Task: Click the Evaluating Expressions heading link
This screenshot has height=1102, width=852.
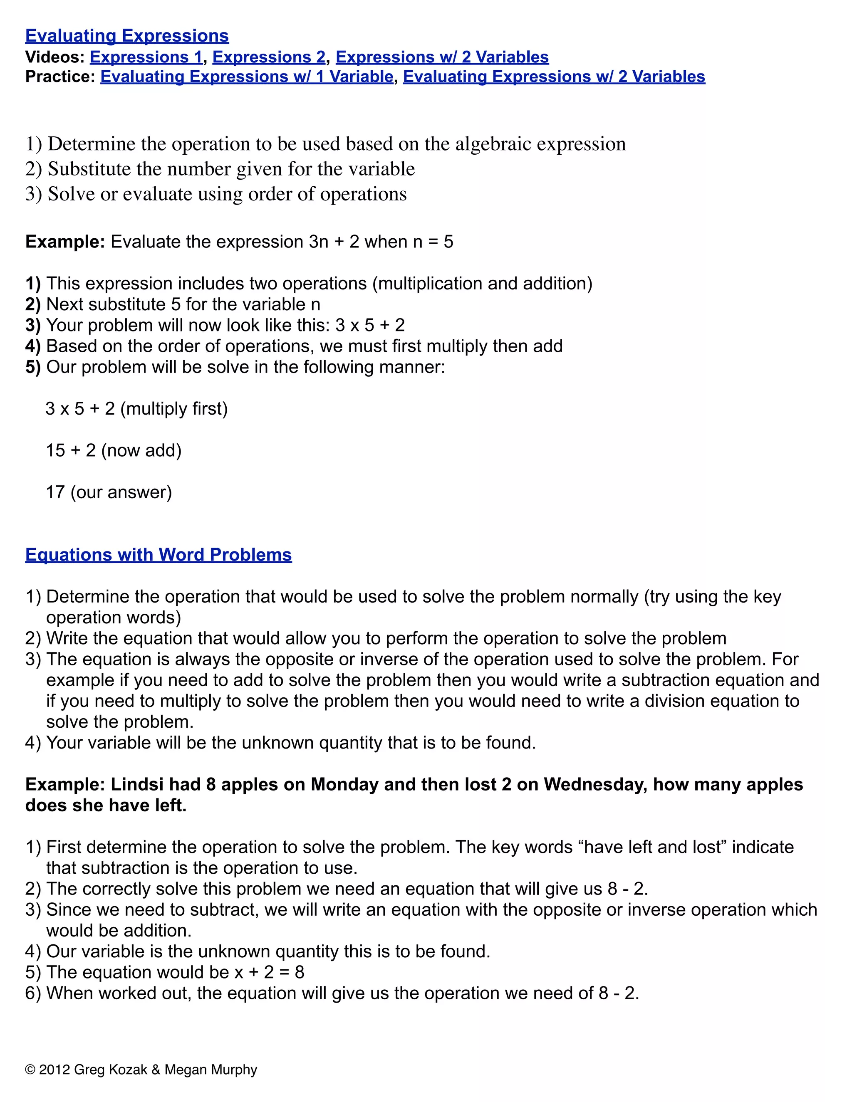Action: (x=127, y=36)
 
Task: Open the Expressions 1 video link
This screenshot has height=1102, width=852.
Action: (x=146, y=57)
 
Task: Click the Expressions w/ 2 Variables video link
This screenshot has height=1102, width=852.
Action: (x=442, y=57)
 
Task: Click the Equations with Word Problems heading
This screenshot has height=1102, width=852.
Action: (x=158, y=554)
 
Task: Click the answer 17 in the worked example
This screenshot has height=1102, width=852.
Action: (x=55, y=492)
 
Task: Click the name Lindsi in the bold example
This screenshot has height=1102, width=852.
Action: (x=137, y=785)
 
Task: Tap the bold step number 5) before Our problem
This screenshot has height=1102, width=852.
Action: (x=33, y=367)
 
